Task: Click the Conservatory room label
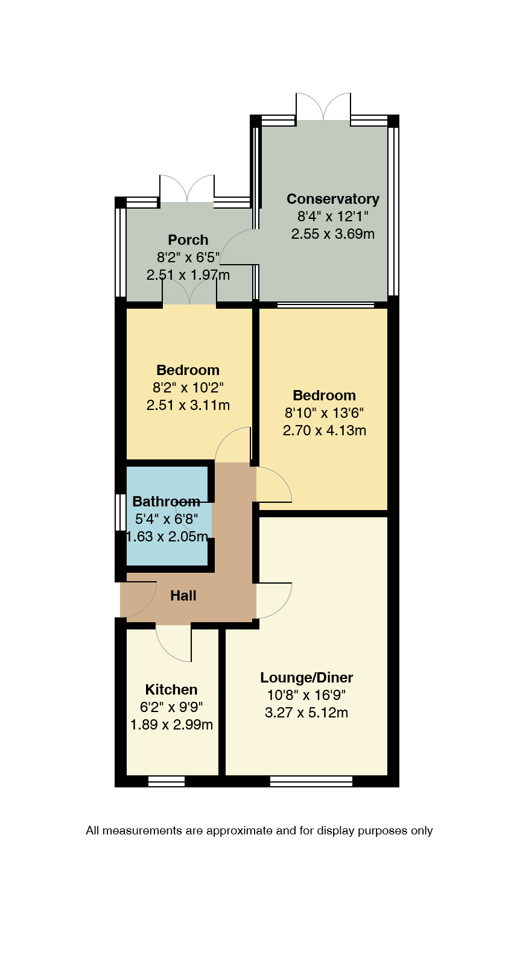[x=333, y=199]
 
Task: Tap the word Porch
[x=188, y=240]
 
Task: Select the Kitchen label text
[x=171, y=689]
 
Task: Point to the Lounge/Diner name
[x=306, y=678]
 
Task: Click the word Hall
[x=183, y=596]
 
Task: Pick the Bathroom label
[x=167, y=502]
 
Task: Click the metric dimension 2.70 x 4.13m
[x=324, y=430]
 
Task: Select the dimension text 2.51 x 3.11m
[x=188, y=405]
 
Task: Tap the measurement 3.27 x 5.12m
[x=306, y=713]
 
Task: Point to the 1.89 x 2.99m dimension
[x=171, y=724]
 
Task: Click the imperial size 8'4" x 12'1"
[x=333, y=216]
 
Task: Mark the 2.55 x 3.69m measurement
[x=333, y=234]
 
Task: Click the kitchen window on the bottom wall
[x=167, y=781]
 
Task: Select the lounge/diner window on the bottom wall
[x=311, y=781]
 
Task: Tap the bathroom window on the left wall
[x=121, y=512]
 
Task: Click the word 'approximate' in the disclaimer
[x=239, y=831]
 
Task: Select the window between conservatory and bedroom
[x=325, y=305]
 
